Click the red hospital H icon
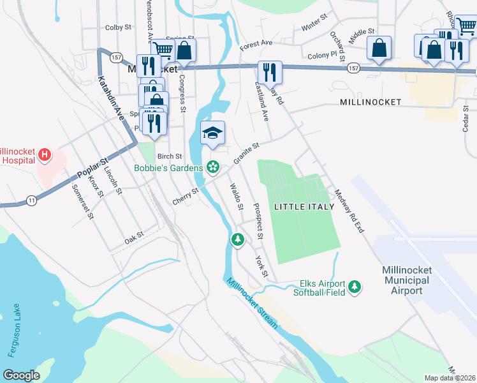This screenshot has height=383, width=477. (x=45, y=154)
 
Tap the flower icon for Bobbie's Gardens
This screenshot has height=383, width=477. (x=213, y=168)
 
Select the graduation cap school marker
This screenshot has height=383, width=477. (x=213, y=133)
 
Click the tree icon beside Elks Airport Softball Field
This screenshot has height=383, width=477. (x=355, y=289)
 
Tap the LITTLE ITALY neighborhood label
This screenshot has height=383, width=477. (x=304, y=207)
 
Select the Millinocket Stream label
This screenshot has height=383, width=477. (x=253, y=304)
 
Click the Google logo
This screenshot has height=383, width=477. (x=21, y=375)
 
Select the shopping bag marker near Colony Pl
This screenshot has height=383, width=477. (x=379, y=48)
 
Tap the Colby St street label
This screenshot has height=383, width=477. (x=118, y=27)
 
